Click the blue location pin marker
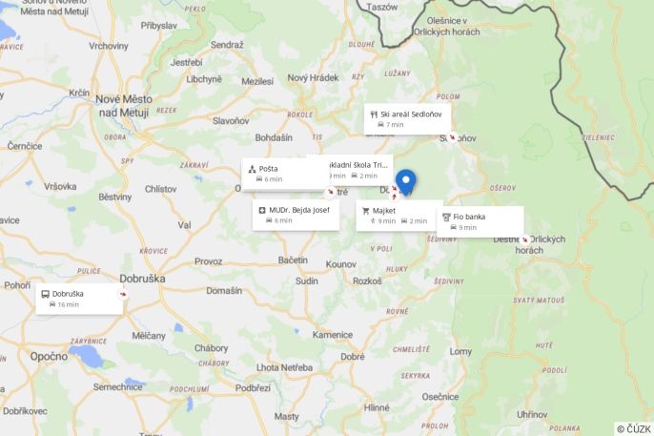click(x=406, y=180)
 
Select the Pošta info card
click(x=284, y=174)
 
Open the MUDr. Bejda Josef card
click(x=296, y=215)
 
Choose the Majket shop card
click(x=395, y=215)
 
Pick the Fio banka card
click(x=480, y=221)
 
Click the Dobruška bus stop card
click(x=79, y=299)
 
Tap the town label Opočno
click(x=48, y=356)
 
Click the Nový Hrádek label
click(x=313, y=78)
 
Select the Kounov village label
click(x=340, y=263)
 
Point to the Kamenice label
click(x=333, y=335)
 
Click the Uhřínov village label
click(x=531, y=414)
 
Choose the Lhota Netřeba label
click(x=284, y=367)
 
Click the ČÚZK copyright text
click(x=634, y=428)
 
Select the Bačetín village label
click(x=293, y=260)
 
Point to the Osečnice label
click(x=440, y=396)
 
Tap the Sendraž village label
click(x=227, y=45)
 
